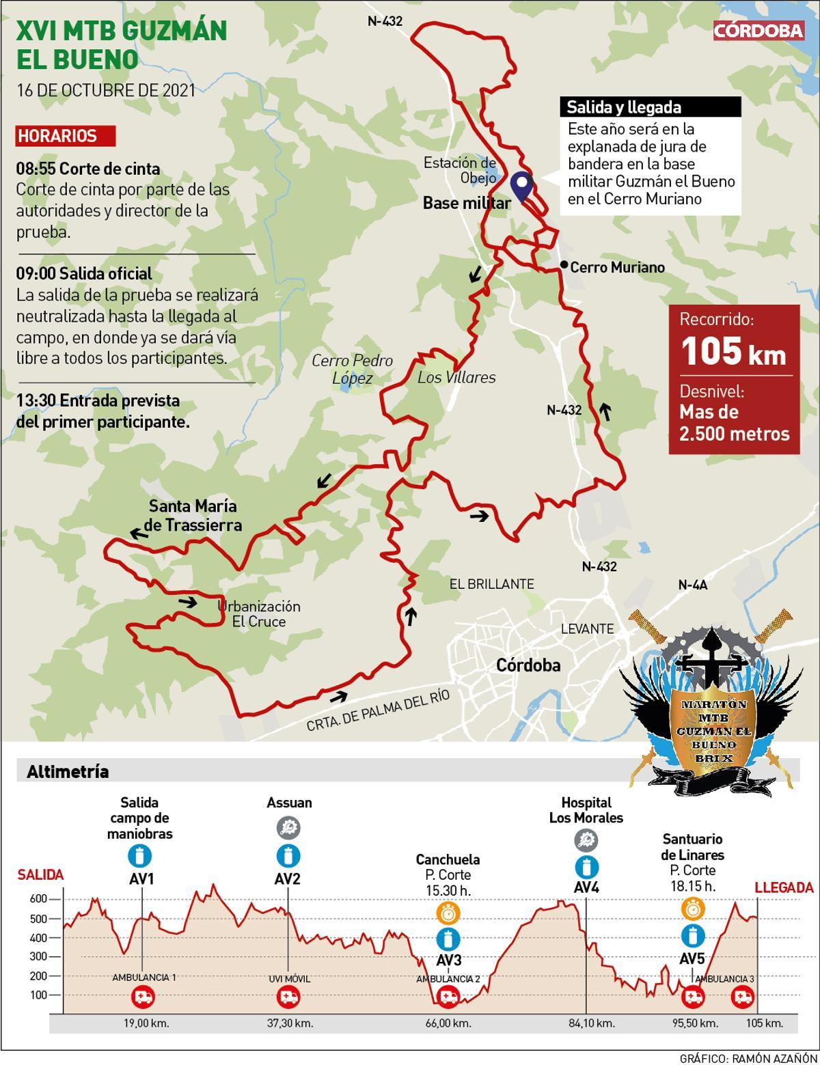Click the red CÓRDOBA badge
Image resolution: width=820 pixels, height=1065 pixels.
(x=758, y=31)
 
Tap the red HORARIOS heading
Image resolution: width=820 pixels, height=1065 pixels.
(x=65, y=136)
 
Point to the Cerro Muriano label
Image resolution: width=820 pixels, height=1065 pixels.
(x=617, y=267)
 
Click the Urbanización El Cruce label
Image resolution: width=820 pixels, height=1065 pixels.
(x=259, y=613)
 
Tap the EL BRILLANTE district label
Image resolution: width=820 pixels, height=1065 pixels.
(x=491, y=584)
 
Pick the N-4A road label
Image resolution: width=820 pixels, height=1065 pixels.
(x=692, y=585)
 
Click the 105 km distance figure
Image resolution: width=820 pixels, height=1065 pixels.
(x=733, y=351)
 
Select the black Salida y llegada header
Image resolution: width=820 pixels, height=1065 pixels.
(x=651, y=107)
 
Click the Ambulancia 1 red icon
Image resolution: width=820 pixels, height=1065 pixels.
(x=143, y=997)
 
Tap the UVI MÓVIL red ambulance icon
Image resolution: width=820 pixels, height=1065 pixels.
(x=288, y=997)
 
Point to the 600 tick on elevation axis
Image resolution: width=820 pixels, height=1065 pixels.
(x=38, y=899)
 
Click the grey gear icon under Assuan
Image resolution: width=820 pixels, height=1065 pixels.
(x=288, y=828)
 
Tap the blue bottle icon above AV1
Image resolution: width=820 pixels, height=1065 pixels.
(x=140, y=856)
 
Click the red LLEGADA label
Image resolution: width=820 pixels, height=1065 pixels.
(x=784, y=888)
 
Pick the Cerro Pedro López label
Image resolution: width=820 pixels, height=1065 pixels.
(x=352, y=369)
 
